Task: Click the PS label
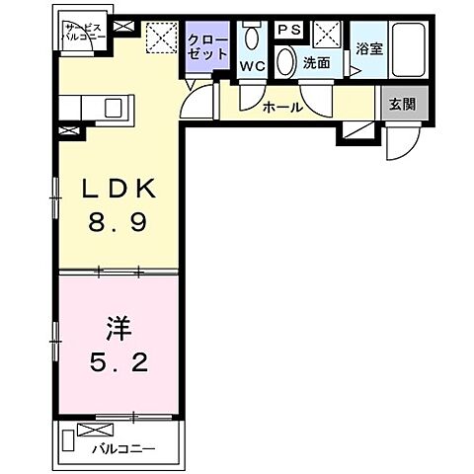coord(288,31)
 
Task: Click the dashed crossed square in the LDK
coord(158,39)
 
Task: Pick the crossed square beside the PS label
coord(327,34)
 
